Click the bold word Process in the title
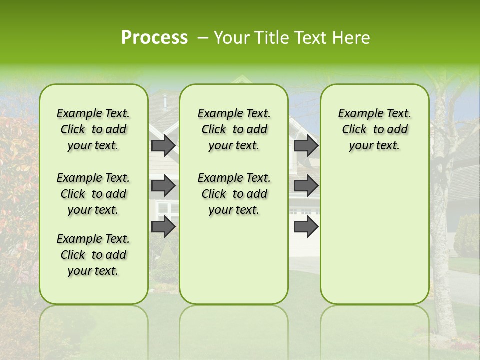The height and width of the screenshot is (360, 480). [154, 38]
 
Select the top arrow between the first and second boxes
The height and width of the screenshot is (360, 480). [163, 145]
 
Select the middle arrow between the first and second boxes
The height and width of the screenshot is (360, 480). [163, 186]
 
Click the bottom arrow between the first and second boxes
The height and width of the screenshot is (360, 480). [163, 227]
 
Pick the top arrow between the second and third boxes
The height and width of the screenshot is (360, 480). [306, 145]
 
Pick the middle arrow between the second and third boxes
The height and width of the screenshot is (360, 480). [306, 186]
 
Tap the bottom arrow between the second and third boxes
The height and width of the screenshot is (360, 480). [306, 227]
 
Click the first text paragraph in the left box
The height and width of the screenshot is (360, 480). [93, 129]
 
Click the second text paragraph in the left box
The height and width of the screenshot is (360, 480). [93, 194]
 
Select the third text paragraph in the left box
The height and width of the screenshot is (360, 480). [93, 255]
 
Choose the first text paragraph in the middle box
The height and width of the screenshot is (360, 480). [234, 129]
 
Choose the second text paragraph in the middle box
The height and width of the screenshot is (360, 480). [234, 194]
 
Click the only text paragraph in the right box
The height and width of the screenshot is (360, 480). [374, 129]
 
